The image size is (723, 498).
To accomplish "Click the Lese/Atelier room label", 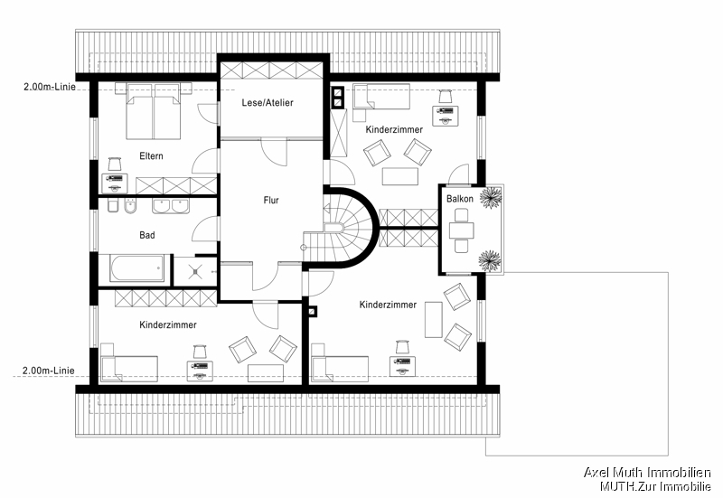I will pos(268,103).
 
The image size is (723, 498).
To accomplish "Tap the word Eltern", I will pos(151,156).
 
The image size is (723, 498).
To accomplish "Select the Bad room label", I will pos(146,235).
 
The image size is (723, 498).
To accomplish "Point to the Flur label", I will pos(271,201).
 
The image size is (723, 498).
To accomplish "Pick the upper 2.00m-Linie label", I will pos(49,87).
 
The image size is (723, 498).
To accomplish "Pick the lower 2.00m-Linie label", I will pos(49,371).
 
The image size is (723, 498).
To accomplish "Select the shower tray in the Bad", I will pos(191,268).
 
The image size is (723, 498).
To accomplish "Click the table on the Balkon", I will pos(461,229).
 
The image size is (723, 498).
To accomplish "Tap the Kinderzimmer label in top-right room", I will pos(394,130).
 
